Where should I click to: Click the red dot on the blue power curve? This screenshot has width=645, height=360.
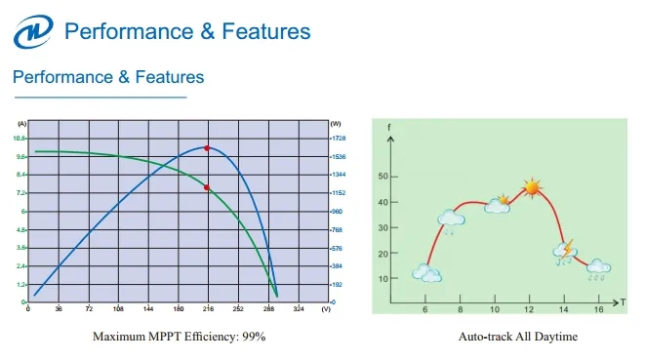tap(207, 147)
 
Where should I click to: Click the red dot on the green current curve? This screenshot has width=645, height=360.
tap(207, 187)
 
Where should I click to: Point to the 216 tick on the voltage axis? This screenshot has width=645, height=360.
tap(207, 308)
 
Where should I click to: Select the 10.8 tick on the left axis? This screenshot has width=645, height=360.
tap(20, 139)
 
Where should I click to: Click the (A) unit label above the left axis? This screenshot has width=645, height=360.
tap(21, 124)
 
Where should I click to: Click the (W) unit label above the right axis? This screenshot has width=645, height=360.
tap(336, 124)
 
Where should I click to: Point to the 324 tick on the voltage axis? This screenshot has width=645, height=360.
tap(298, 308)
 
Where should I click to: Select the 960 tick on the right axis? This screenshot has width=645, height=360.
tap(337, 211)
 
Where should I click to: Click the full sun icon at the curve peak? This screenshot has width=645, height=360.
tap(531, 186)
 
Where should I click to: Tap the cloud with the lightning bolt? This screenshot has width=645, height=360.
tap(565, 252)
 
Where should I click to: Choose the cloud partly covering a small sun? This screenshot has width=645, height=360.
tap(499, 205)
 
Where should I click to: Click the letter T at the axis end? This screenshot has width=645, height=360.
tap(622, 302)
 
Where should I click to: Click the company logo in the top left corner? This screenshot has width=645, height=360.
tap(32, 31)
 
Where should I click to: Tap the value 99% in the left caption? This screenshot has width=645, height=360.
tap(254, 337)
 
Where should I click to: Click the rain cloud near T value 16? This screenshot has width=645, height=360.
tap(598, 267)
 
